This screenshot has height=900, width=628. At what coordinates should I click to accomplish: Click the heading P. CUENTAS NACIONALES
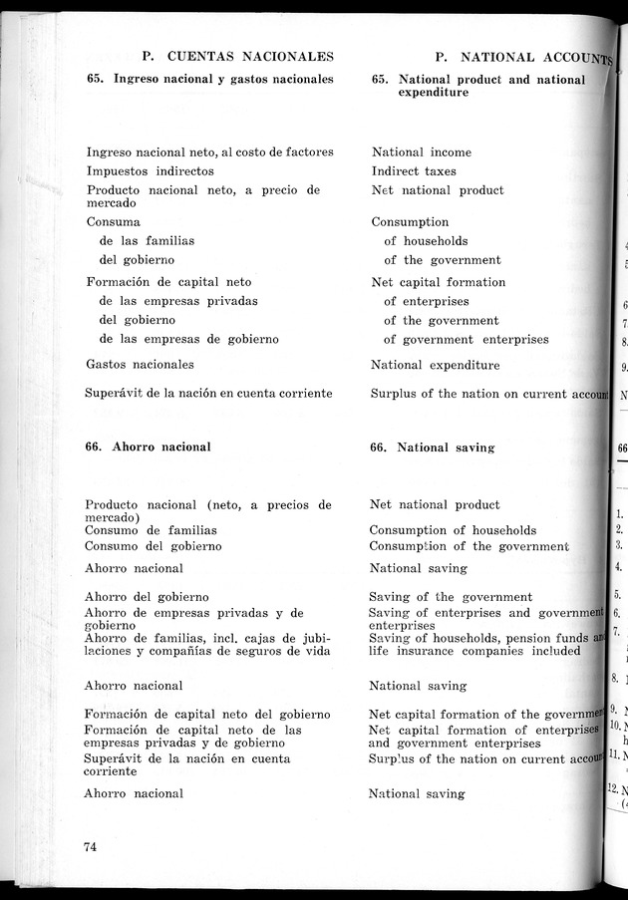(238, 58)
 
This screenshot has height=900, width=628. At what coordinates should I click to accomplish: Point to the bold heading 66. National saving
(432, 448)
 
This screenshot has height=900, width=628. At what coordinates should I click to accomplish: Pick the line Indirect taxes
(414, 171)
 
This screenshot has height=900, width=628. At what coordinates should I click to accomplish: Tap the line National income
(422, 152)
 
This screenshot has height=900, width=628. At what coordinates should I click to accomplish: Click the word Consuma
(114, 221)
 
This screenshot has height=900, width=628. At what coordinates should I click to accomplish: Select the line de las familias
(147, 240)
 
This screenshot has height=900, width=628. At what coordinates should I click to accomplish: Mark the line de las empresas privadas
(178, 301)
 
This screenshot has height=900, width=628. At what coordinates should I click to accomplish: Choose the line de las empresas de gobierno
(189, 339)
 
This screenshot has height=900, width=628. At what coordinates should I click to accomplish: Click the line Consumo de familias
(151, 531)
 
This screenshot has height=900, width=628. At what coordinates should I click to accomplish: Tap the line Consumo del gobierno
(154, 546)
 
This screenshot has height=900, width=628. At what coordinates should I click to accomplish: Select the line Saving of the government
(451, 597)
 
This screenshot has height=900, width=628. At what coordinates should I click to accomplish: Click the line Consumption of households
(453, 530)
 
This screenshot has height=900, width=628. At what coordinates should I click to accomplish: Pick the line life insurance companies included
(474, 651)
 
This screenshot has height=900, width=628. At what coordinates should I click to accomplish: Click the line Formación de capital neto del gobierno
(207, 715)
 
